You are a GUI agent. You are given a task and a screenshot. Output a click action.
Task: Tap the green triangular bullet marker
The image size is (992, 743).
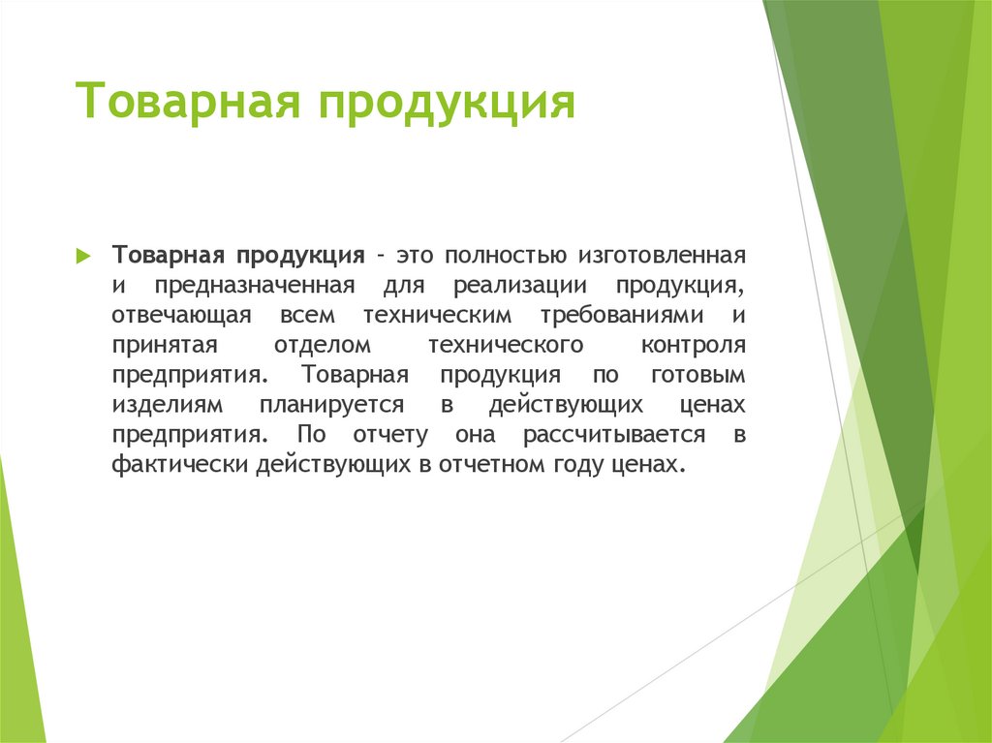[x=84, y=257]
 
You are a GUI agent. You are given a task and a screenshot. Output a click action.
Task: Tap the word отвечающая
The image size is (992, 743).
[x=181, y=316]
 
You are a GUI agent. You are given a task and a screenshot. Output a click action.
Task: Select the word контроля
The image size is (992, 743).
[x=693, y=346]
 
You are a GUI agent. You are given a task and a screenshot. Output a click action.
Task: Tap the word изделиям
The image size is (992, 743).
[x=168, y=405]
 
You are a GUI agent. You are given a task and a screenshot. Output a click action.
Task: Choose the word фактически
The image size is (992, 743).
[x=181, y=464]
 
